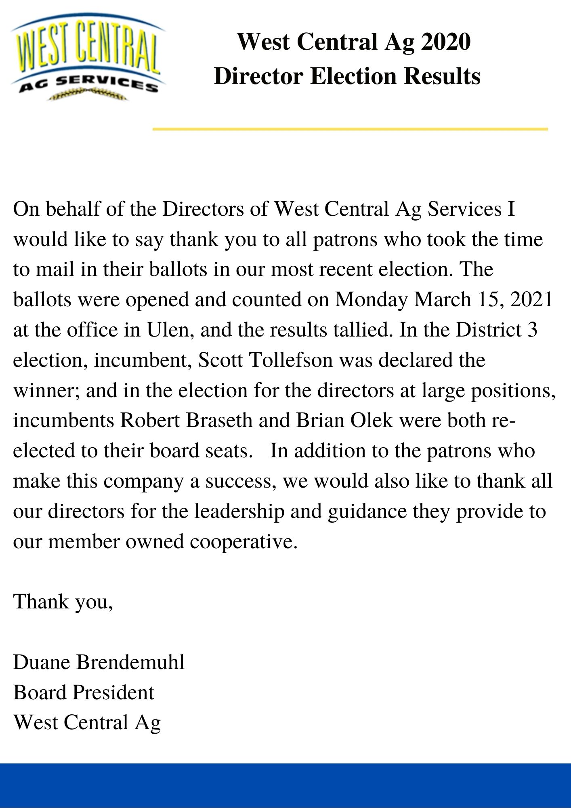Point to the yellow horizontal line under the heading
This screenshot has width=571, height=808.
pyautogui.click(x=350, y=129)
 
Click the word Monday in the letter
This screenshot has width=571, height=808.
pyautogui.click(x=371, y=300)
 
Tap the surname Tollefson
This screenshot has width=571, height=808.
pyautogui.click(x=291, y=360)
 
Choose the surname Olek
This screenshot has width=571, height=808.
pyautogui.click(x=372, y=421)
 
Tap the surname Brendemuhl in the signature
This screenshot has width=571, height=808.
pyautogui.click(x=130, y=663)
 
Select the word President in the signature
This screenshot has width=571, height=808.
pyautogui.click(x=113, y=692)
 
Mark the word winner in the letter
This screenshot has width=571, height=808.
pyautogui.click(x=46, y=391)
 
